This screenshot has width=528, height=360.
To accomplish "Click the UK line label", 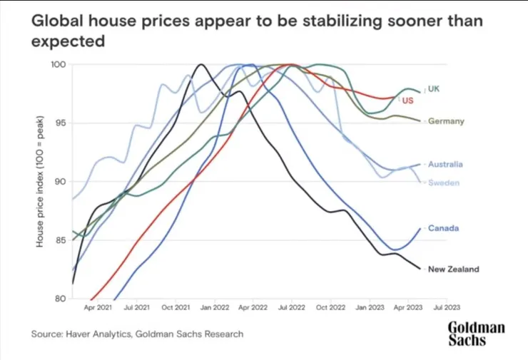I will tap(433, 88).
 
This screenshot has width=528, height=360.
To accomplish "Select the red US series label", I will tap(408, 101).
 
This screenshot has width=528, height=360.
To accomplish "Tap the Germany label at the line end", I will tap(446, 121).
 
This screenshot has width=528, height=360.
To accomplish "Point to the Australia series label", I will tap(445, 164).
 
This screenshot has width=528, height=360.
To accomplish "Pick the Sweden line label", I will tap(442, 183).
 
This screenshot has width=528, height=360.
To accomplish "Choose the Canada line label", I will tap(442, 228).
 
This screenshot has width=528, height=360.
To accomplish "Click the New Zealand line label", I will tap(453, 269).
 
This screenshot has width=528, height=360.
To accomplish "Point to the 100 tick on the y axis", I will tap(59, 65).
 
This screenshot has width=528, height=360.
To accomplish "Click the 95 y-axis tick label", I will tap(61, 123).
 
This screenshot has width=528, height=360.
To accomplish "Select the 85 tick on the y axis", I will tap(61, 240).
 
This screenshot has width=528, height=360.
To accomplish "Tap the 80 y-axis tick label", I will tap(61, 299).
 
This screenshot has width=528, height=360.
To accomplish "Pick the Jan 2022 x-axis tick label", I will tap(215, 309).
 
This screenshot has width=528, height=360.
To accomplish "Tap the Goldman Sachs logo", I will tap(476, 334).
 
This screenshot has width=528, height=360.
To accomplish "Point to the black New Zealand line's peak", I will tap(200, 65).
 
